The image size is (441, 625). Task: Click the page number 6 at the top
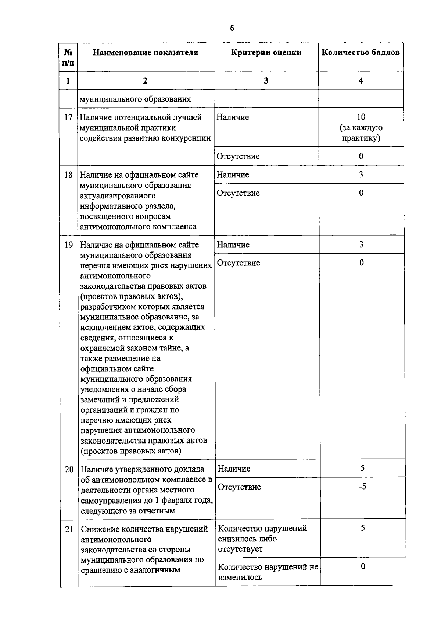(232, 29)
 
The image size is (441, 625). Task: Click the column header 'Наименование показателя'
(145, 53)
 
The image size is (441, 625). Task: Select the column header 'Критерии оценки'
(266, 53)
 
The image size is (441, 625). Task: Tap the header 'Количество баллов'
(361, 53)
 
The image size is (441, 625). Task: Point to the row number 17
(68, 117)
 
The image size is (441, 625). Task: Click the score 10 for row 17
(361, 117)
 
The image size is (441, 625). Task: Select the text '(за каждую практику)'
(361, 133)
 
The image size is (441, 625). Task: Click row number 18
(68, 175)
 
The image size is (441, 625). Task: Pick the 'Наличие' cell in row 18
(233, 175)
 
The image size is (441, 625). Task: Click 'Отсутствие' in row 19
(239, 263)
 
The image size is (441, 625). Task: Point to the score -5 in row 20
(362, 487)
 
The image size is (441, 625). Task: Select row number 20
(69, 469)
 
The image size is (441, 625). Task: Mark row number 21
(69, 529)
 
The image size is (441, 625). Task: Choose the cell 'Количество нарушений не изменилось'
(268, 572)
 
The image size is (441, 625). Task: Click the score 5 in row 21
(363, 528)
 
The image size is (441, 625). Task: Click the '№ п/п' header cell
(68, 57)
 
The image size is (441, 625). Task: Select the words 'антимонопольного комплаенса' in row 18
(138, 227)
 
